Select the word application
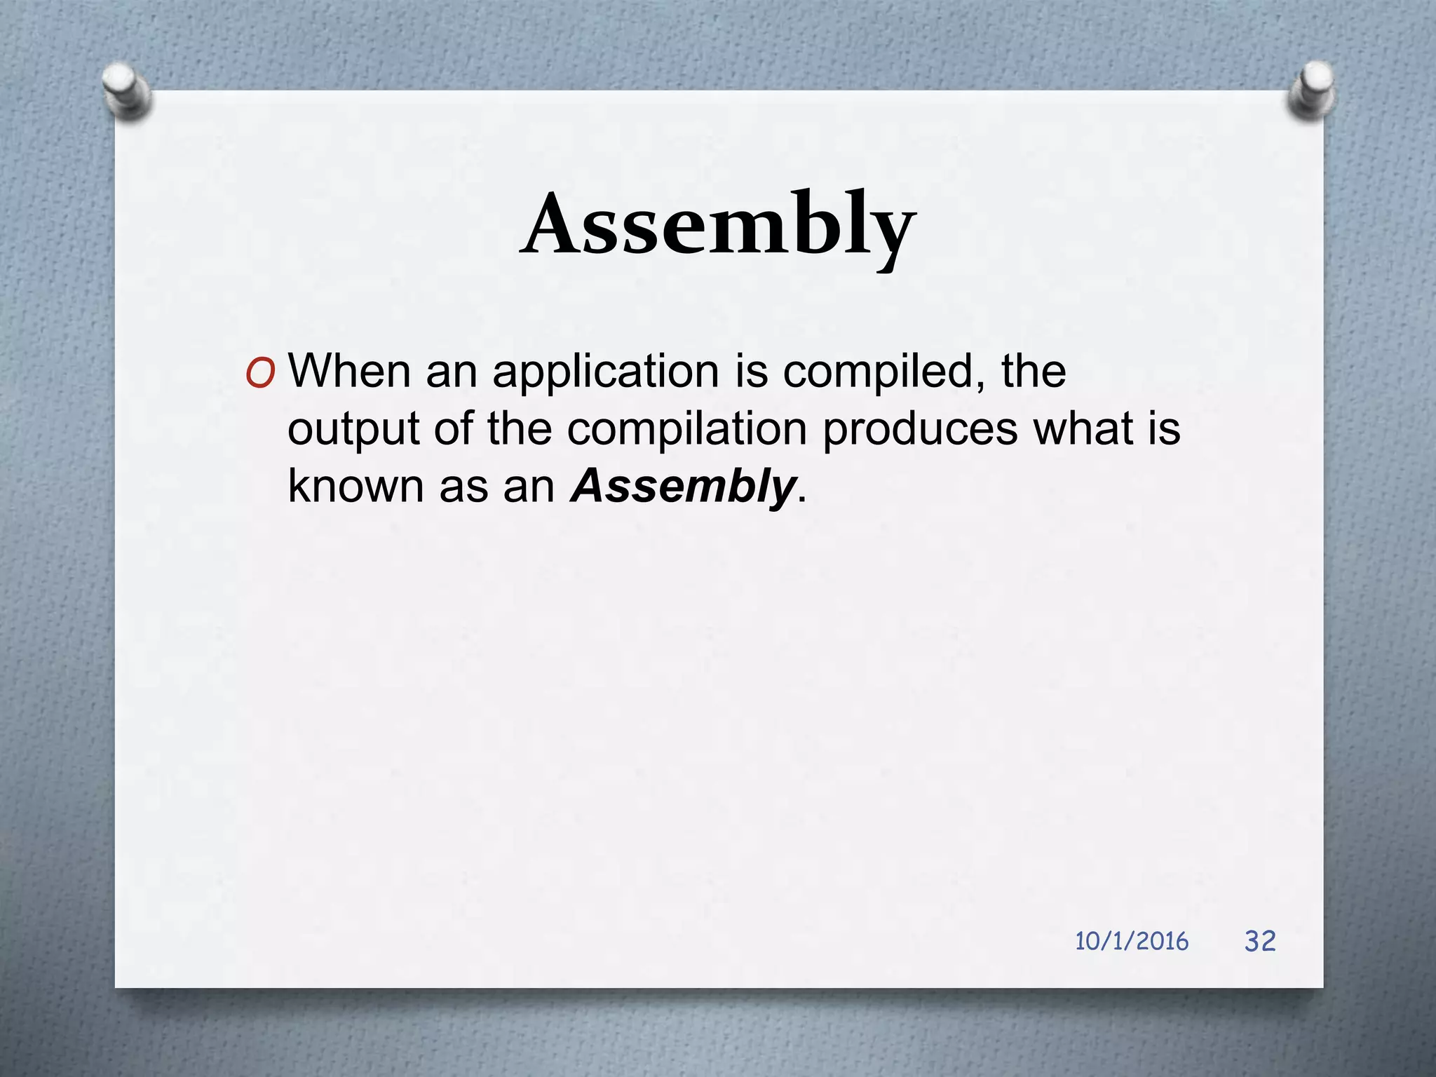click(605, 372)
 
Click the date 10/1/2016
click(1131, 941)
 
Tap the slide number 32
click(1260, 941)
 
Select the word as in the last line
click(463, 487)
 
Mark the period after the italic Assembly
click(802, 498)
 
